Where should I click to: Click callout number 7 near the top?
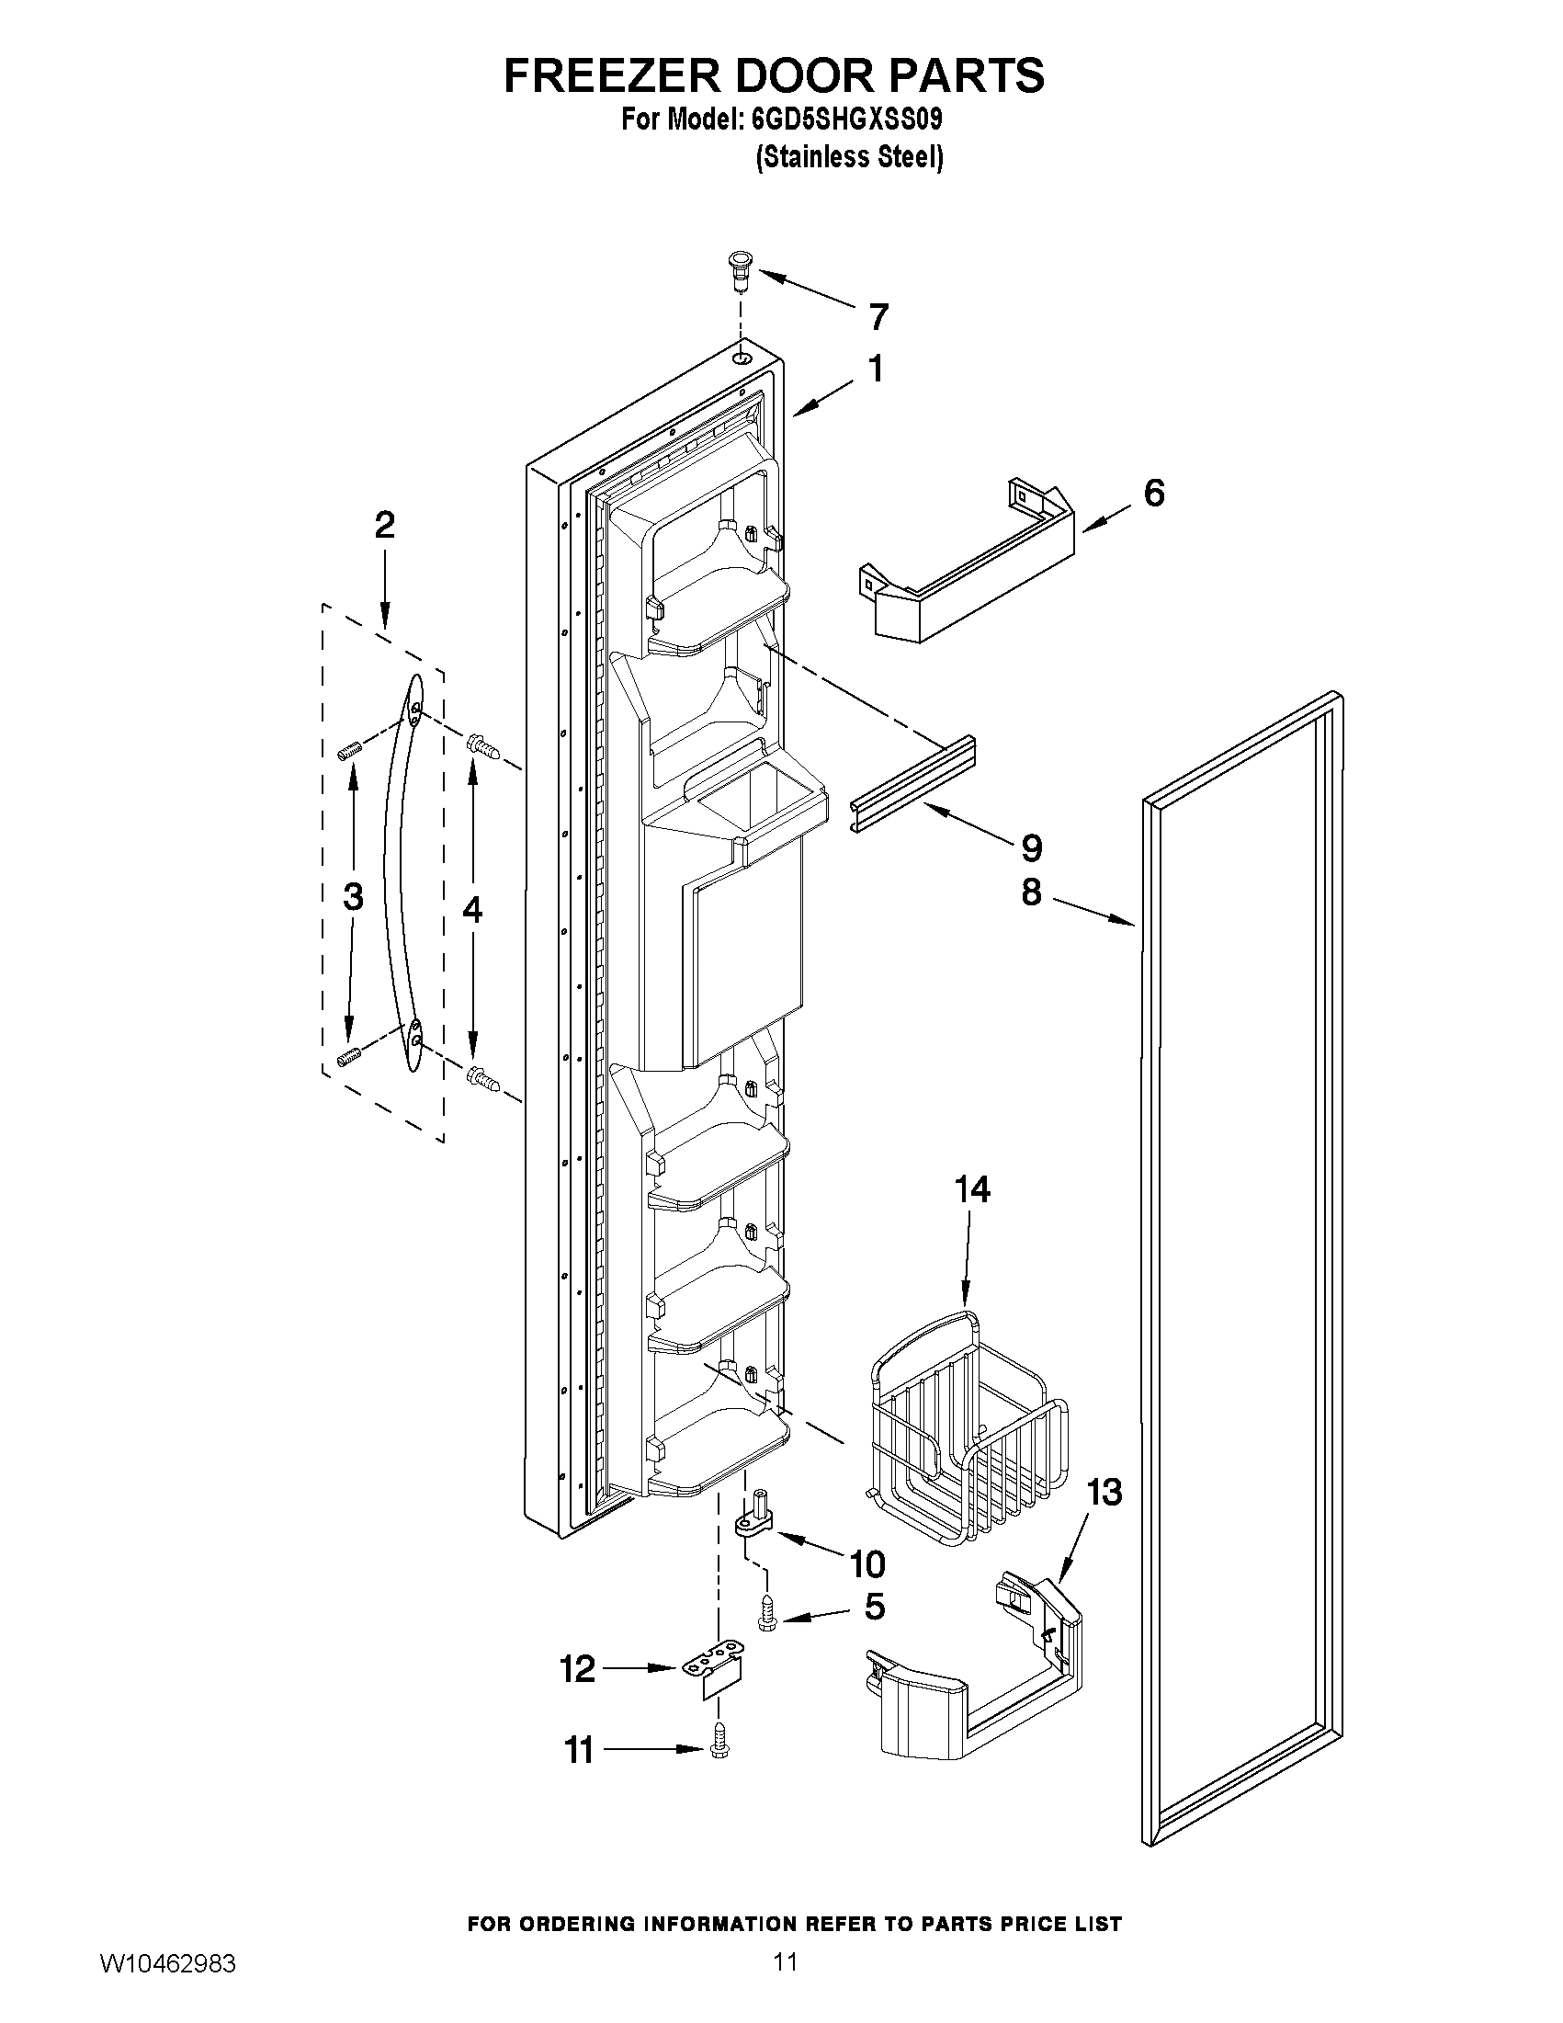point(878,318)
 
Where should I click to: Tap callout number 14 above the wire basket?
point(972,1189)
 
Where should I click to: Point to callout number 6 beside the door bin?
point(1154,493)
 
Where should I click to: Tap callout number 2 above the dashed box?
point(384,525)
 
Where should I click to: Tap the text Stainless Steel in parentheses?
point(849,157)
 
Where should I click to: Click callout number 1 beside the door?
point(874,369)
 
